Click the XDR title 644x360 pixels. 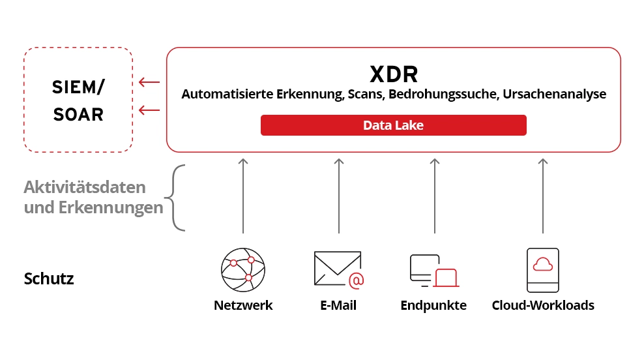pos(394,74)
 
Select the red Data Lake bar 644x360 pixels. pos(393,125)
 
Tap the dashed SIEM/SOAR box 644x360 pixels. pos(78,100)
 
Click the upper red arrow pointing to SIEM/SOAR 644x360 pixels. pos(149,82)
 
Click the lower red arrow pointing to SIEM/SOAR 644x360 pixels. pos(149,110)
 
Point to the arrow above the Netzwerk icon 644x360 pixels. pos(243,195)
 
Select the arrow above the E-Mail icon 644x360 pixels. pos(338,195)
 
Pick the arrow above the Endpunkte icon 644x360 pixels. pos(434,195)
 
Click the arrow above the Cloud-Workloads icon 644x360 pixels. pos(542,195)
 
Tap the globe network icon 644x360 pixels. pos(243,269)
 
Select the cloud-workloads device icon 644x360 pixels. pos(542,269)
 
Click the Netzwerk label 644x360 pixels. pos(243,305)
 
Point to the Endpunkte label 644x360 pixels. pos(433,305)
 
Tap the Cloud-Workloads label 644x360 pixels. pos(542,305)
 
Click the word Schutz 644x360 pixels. pos(49,279)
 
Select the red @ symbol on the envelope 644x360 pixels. pos(356,280)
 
